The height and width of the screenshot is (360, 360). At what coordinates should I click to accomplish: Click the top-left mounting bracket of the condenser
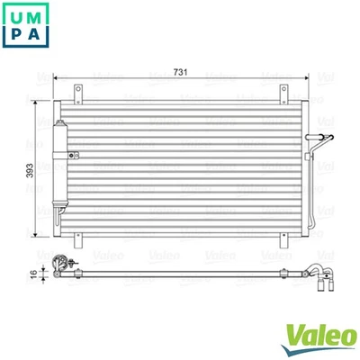[78, 92]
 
